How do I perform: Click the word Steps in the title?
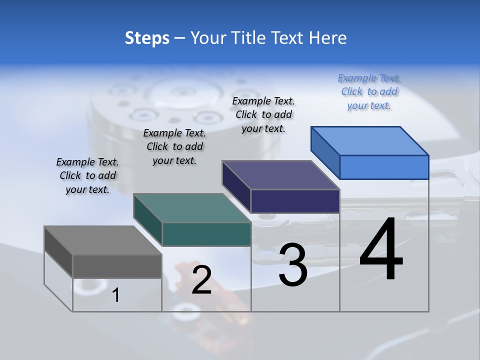[x=147, y=38]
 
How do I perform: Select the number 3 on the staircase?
[x=292, y=264]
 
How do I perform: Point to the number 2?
[x=201, y=280]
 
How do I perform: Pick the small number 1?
[x=115, y=295]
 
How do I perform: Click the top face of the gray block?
[x=102, y=240]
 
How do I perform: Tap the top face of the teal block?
[x=192, y=208]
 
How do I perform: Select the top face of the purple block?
[x=280, y=175]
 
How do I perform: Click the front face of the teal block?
[x=206, y=234]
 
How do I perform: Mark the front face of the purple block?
[x=295, y=201]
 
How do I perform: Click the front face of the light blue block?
[x=384, y=167]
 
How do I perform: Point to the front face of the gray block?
[x=117, y=266]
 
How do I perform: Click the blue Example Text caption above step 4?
[x=369, y=91]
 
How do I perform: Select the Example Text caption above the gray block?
[x=87, y=175]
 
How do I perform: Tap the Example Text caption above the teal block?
[x=174, y=146]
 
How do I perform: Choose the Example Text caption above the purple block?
[x=263, y=114]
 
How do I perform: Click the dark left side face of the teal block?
[x=147, y=220]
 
